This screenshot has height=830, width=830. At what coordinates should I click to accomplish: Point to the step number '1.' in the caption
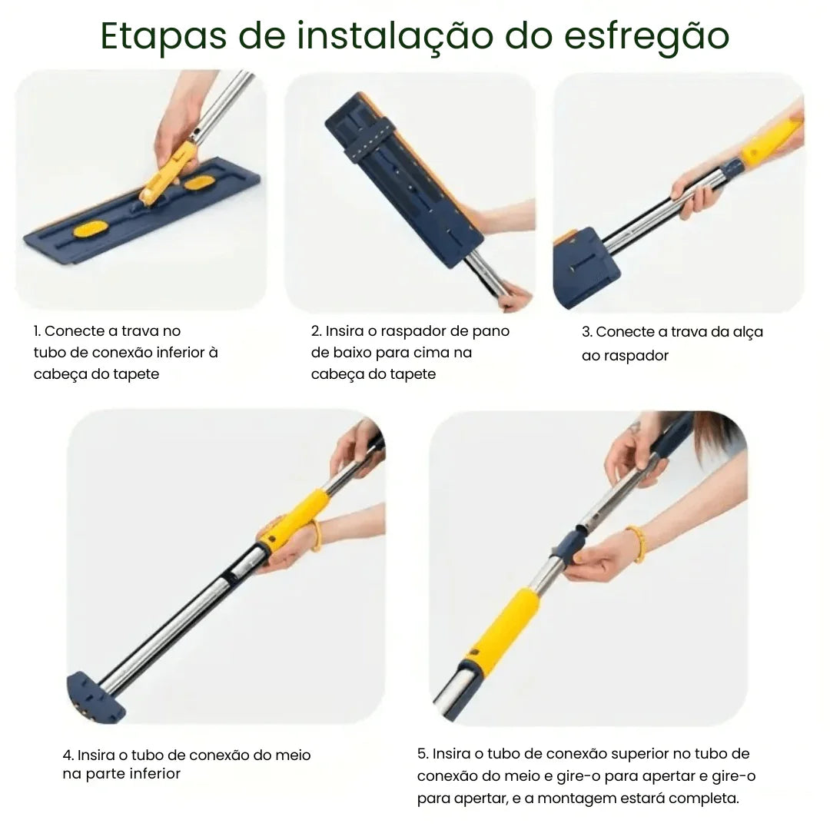click(38, 331)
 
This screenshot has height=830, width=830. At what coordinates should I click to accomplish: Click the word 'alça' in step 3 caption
click(744, 332)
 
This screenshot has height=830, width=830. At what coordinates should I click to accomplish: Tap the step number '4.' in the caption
click(68, 755)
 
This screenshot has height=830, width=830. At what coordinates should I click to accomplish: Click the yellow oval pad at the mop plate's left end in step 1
click(91, 228)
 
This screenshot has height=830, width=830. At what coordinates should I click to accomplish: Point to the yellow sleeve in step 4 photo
click(295, 520)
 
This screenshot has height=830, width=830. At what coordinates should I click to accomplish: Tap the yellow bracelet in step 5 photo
click(636, 543)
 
